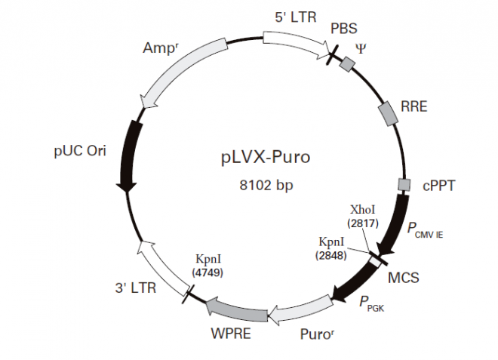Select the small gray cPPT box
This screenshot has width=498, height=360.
tap(404, 184)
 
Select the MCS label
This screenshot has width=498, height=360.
tap(403, 277)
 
